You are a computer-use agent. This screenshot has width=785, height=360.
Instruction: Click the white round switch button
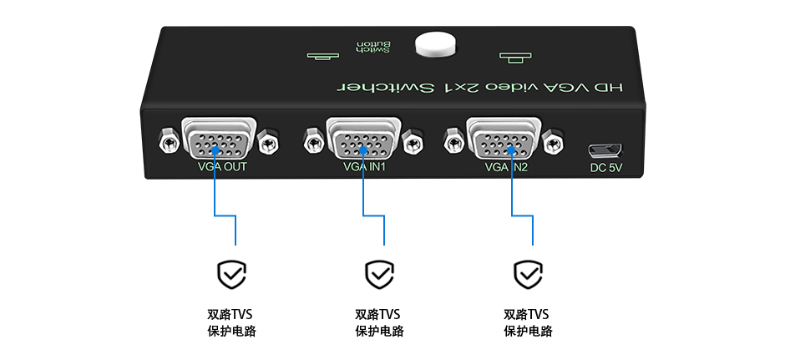click(436, 45)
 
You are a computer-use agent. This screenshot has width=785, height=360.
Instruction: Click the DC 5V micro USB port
click(605, 150)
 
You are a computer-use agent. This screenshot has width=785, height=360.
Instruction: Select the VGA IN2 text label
click(506, 166)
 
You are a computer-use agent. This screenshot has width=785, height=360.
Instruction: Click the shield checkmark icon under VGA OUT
click(231, 273)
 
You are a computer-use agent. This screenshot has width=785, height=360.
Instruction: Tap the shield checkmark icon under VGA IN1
click(379, 273)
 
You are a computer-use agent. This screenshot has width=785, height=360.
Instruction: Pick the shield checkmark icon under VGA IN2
click(527, 273)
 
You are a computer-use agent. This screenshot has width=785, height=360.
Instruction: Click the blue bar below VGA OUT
click(225, 213)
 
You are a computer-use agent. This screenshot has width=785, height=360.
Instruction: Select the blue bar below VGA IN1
click(373, 213)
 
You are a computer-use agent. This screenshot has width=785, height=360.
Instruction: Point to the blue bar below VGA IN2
click(522, 213)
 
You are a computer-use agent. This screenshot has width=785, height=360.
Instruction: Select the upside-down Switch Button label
click(372, 47)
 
